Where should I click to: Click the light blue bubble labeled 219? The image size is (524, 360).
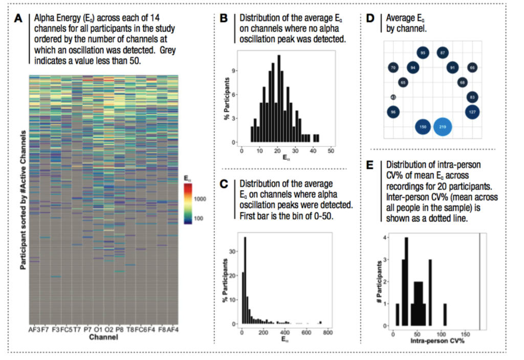click(x=443, y=126)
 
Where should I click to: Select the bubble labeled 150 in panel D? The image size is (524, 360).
click(x=423, y=126)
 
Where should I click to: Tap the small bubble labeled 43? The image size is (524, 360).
click(x=394, y=97)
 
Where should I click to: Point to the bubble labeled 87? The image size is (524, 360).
click(x=443, y=52)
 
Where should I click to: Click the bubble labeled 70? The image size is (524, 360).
click(x=393, y=67)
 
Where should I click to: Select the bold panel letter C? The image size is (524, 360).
click(x=223, y=184)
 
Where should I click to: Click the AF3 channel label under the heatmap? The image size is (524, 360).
click(x=33, y=330)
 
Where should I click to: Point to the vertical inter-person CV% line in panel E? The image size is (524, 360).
click(x=479, y=281)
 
